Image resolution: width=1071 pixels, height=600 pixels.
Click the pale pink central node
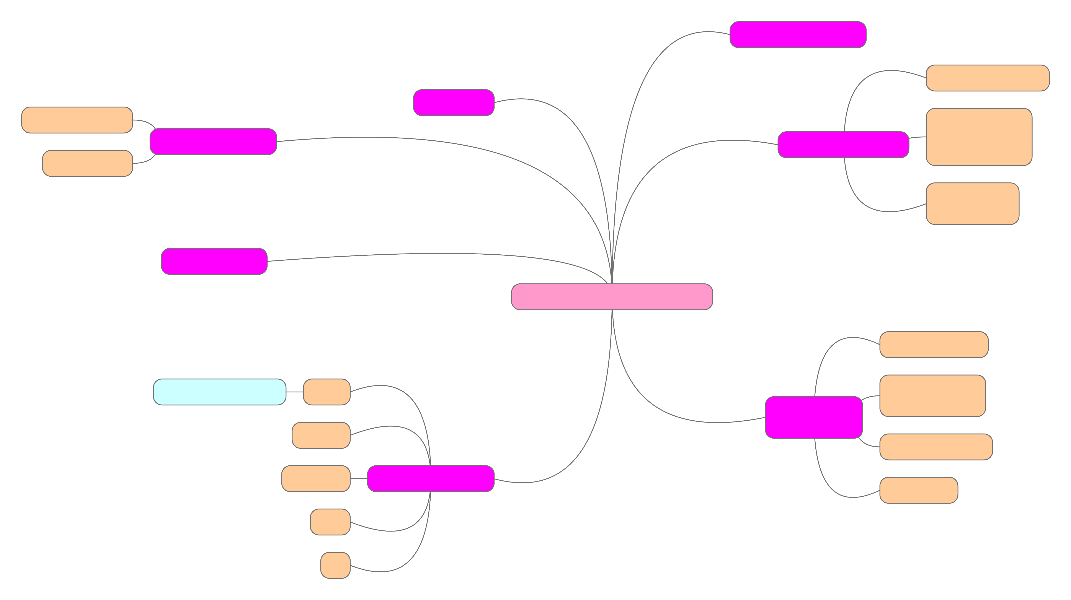(612, 297)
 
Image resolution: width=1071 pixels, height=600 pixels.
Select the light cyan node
(220, 392)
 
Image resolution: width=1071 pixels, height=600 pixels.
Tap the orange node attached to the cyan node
(327, 392)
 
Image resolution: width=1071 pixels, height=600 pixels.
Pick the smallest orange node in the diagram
(335, 565)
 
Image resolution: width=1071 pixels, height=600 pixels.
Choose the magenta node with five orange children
(430, 479)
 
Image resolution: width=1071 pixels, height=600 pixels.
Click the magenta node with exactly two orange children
(213, 142)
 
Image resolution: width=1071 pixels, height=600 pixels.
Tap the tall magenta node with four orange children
(814, 417)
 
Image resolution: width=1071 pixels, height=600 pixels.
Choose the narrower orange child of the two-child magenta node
(87, 163)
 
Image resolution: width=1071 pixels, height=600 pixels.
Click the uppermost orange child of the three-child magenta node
(988, 78)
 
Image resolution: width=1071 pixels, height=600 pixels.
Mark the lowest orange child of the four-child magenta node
(918, 490)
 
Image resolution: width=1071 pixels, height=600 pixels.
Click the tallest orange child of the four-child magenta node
(932, 396)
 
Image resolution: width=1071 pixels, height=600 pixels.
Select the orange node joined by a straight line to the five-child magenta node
(316, 479)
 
